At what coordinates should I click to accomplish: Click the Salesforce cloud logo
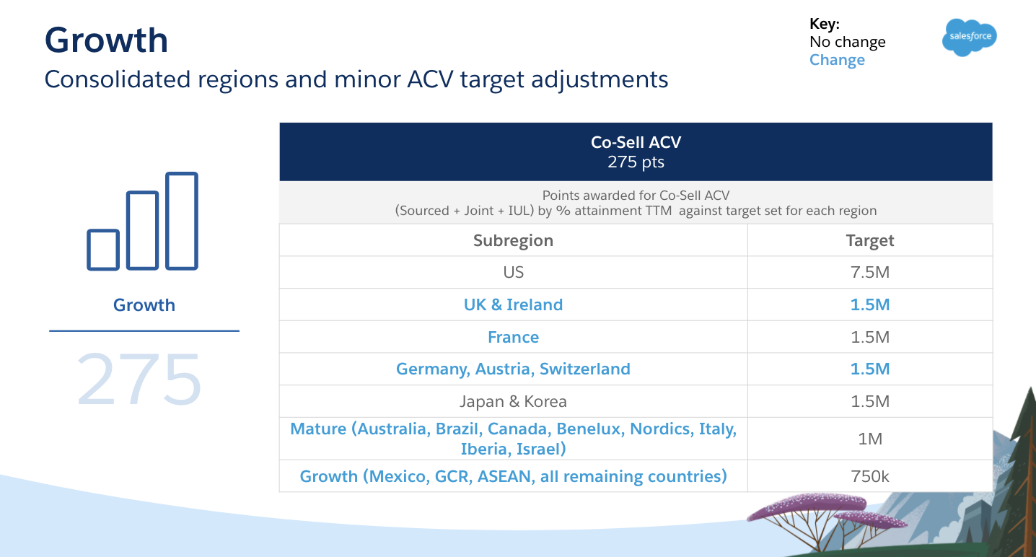(970, 38)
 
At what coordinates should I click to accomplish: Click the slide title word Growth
(106, 40)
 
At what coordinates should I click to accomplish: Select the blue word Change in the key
(837, 60)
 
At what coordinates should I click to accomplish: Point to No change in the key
(847, 42)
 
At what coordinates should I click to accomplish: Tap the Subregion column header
(513, 240)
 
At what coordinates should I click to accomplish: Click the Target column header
(869, 240)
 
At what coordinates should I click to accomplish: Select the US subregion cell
(513, 272)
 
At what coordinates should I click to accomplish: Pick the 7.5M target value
(869, 272)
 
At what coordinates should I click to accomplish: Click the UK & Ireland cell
(513, 304)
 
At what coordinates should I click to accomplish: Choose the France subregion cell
(513, 337)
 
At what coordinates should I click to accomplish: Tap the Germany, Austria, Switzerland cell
(513, 369)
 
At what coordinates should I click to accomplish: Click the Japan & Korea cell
(513, 401)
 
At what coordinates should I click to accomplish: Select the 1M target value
(869, 439)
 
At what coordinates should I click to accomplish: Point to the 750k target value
(869, 476)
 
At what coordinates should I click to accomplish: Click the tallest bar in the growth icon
(182, 221)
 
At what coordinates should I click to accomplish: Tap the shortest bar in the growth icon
(103, 250)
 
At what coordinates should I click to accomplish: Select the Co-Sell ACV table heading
(636, 142)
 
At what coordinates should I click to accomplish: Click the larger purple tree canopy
(807, 506)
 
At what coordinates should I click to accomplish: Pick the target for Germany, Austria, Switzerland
(869, 369)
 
